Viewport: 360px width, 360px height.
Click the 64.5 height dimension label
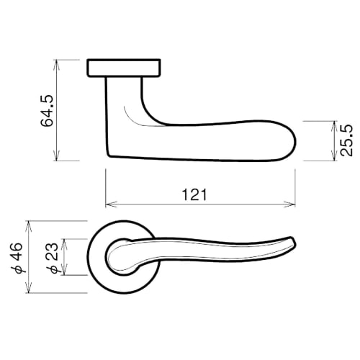click(x=47, y=110)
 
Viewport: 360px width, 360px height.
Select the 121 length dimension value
click(x=199, y=194)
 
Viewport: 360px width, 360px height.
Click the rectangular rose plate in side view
click(x=123, y=68)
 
